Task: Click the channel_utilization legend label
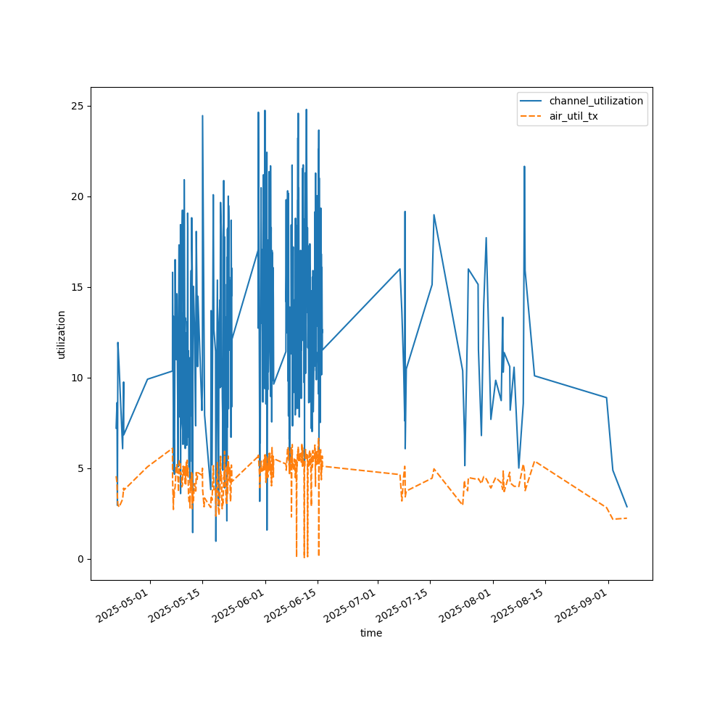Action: (x=596, y=101)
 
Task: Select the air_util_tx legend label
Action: (x=573, y=116)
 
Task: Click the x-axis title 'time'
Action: (x=371, y=633)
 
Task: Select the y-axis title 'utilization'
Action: (x=62, y=334)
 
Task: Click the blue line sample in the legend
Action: (x=532, y=101)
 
